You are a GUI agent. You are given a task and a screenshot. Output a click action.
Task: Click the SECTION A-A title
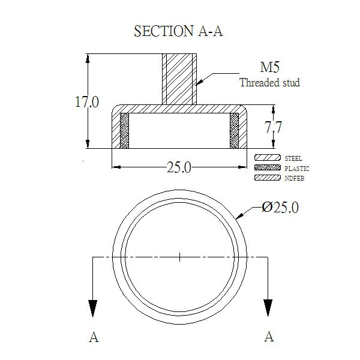[x=178, y=31]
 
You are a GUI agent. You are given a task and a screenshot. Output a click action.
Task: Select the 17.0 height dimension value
[x=87, y=102]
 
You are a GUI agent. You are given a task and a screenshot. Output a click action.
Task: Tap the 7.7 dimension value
[x=273, y=127]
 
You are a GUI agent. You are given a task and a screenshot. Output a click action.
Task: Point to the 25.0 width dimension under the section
[x=179, y=167]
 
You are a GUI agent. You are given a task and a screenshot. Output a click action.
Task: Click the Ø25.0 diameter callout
[x=280, y=208]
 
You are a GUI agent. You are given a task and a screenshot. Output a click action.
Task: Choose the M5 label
[x=270, y=67]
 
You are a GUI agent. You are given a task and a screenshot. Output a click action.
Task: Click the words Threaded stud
[x=270, y=82]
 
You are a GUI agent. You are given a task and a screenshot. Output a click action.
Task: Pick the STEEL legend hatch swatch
[x=268, y=158]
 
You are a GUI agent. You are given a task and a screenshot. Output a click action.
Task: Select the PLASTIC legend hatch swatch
[x=268, y=167]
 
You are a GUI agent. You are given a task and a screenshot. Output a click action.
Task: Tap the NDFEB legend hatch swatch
[x=268, y=178]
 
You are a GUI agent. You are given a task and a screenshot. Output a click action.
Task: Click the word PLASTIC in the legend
[x=297, y=169]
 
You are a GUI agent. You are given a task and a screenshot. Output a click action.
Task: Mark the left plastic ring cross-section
[x=124, y=131]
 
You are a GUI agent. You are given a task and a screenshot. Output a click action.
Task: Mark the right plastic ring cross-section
[x=234, y=131]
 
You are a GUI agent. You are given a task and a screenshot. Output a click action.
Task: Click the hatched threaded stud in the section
[x=179, y=79]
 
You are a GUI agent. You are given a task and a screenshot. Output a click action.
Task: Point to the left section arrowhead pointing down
[x=92, y=308]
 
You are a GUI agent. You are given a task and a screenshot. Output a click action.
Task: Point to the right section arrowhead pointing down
[x=268, y=308]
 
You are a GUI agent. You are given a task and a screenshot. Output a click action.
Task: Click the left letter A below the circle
[x=94, y=337]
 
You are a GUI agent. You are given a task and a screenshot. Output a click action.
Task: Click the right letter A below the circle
[x=269, y=337]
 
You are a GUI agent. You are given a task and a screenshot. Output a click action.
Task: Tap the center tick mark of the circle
[x=179, y=257]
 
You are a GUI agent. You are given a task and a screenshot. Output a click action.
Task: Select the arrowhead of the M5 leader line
[x=200, y=82]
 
